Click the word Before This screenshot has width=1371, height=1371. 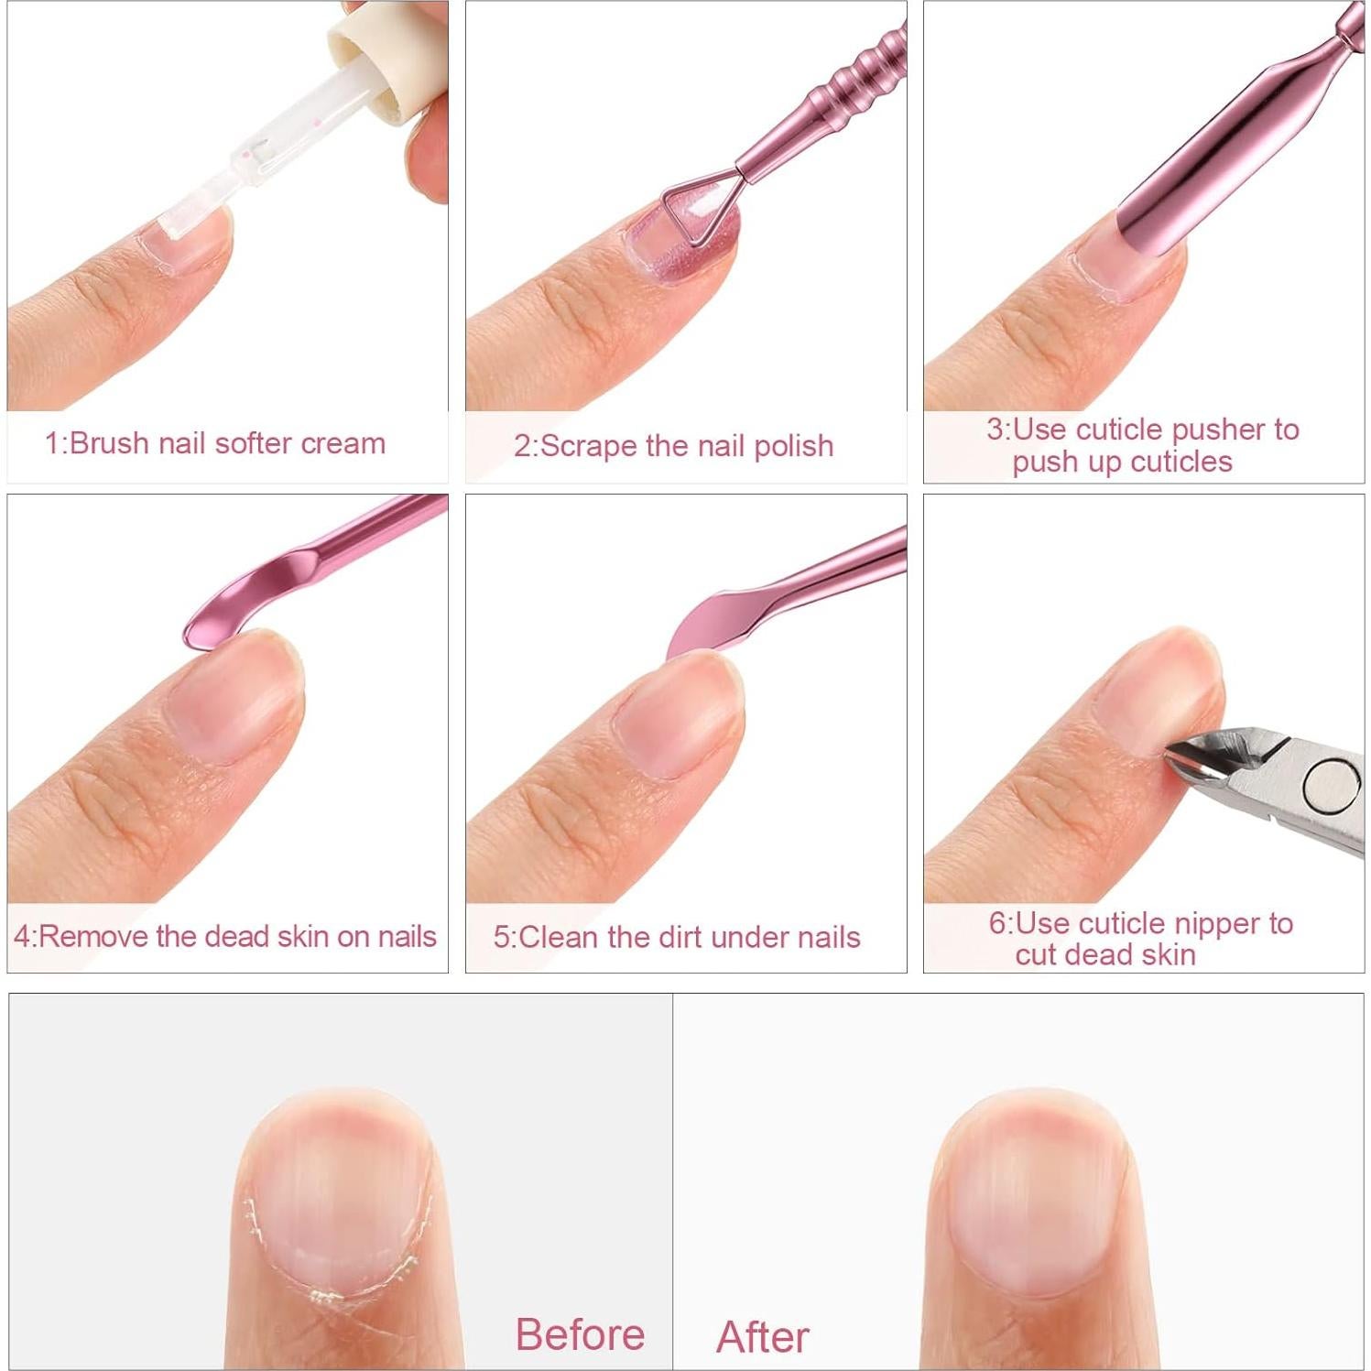pyautogui.click(x=580, y=1333)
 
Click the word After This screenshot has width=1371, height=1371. pyautogui.click(x=763, y=1336)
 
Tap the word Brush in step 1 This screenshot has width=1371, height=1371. pyautogui.click(x=110, y=443)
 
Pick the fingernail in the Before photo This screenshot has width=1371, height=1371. pyautogui.click(x=339, y=1191)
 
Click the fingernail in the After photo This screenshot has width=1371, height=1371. pyautogui.click(x=1028, y=1191)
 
